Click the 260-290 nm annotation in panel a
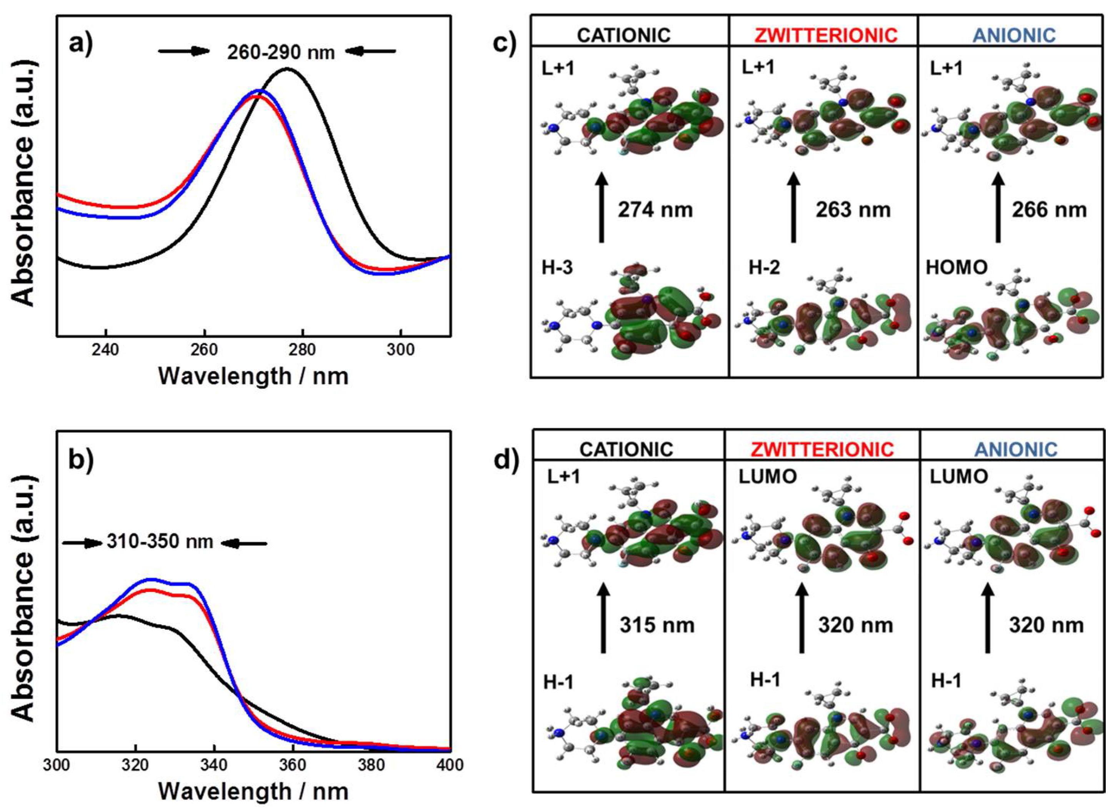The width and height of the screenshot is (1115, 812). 281,51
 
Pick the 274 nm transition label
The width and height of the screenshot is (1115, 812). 655,210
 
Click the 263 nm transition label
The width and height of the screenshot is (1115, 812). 853,210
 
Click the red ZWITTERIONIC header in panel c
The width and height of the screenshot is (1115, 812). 822,35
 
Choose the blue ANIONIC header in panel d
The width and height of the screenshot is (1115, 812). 1016,449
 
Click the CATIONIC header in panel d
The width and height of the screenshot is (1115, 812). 626,449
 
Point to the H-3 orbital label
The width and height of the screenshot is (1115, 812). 558,269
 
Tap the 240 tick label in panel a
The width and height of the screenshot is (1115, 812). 105,350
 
